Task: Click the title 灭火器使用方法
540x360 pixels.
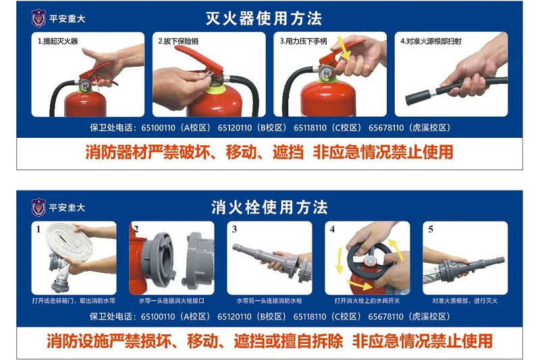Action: tap(264, 19)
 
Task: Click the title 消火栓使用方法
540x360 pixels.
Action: tap(269, 208)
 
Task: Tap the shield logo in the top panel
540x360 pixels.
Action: tap(38, 19)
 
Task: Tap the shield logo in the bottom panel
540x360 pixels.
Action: tap(38, 208)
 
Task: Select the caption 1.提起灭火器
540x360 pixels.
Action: tap(57, 41)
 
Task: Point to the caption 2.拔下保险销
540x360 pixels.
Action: tap(178, 41)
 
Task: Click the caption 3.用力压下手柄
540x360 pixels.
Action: tap(303, 41)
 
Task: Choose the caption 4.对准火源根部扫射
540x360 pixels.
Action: tap(431, 41)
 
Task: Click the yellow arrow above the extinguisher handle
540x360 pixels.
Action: tap(343, 47)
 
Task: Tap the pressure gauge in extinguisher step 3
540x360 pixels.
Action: tap(325, 73)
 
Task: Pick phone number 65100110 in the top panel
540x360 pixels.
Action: tap(158, 128)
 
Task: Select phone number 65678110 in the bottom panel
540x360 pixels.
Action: tap(385, 317)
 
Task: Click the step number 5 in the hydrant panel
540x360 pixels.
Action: tap(431, 230)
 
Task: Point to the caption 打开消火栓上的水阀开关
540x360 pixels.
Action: tap(367, 301)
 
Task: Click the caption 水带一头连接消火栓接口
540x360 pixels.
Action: tap(171, 301)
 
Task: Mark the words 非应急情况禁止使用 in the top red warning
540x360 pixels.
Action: tap(383, 152)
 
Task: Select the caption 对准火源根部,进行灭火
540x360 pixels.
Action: tap(465, 301)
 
